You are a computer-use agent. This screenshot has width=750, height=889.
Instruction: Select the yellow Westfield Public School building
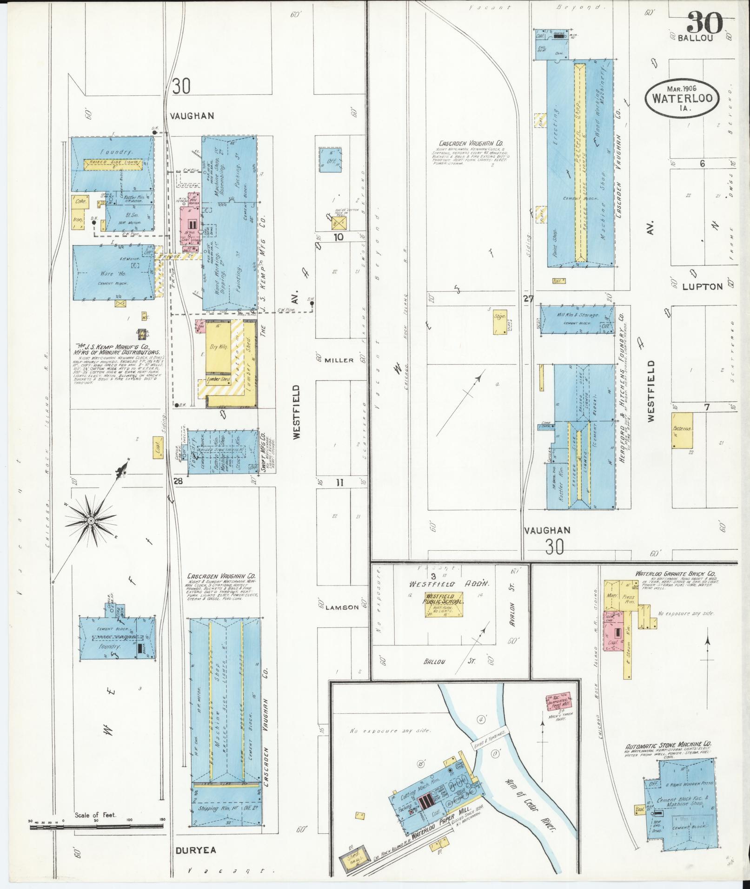click(x=444, y=604)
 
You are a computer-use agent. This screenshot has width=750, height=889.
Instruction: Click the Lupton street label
click(x=702, y=286)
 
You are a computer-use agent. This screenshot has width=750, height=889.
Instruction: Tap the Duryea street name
click(x=196, y=850)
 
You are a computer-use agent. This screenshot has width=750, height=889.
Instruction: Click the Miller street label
click(x=339, y=360)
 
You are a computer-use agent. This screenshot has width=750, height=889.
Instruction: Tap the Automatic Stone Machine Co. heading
click(x=668, y=744)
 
